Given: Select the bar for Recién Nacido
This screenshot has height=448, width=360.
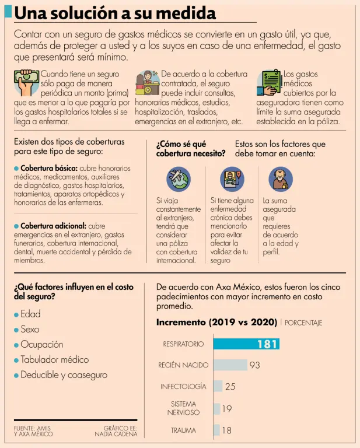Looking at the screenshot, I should click(230, 365).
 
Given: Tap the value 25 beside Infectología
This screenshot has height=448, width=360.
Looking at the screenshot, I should click(230, 386).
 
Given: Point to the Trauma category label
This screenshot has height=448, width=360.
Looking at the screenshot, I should click(183, 430).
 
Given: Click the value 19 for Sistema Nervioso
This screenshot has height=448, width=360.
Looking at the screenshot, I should click(226, 409).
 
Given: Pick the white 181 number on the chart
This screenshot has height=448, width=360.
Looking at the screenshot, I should click(267, 344).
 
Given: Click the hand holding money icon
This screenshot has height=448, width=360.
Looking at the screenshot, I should click(26, 83).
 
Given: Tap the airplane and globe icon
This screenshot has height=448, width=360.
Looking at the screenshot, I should click(178, 179).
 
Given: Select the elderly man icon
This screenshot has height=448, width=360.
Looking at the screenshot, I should click(280, 179).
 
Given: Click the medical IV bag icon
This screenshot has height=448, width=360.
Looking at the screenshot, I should click(232, 179).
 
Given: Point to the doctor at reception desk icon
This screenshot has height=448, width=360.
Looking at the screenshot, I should click(148, 83).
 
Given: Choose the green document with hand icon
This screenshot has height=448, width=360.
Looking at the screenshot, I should click(270, 83).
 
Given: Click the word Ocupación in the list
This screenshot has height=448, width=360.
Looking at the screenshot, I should click(41, 344).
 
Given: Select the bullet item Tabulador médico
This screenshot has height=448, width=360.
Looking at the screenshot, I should click(54, 359).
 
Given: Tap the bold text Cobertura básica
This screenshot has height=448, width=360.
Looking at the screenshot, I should click(49, 168).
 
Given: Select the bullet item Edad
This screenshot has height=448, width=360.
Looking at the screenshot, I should click(30, 314).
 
